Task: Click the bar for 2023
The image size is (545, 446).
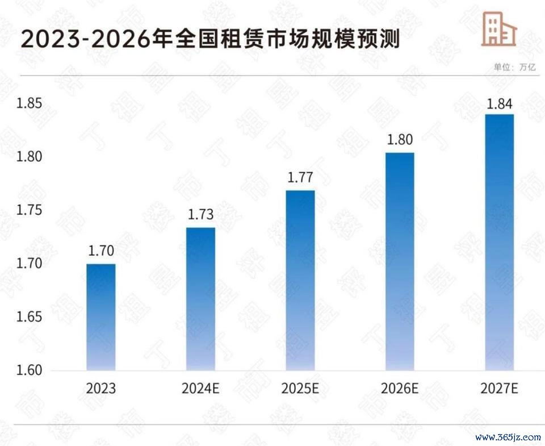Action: click(101, 317)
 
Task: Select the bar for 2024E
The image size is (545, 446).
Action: click(200, 299)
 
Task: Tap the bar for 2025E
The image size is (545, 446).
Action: click(300, 281)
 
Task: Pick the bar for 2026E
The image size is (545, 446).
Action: click(400, 261)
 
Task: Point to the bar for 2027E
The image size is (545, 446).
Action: click(500, 242)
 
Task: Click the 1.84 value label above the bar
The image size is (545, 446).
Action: click(500, 104)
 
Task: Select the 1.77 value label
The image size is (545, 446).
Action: click(300, 177)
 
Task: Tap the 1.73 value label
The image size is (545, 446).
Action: click(200, 214)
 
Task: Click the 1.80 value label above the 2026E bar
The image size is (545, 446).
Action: click(400, 140)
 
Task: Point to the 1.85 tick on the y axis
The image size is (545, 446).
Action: click(29, 103)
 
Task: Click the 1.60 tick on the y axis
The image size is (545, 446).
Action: click(29, 370)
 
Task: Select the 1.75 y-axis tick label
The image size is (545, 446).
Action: click(29, 210)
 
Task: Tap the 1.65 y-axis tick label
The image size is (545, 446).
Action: click(29, 317)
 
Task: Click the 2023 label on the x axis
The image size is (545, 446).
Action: click(101, 388)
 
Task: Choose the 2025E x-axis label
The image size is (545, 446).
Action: click(300, 388)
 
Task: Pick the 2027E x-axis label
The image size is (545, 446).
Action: click(500, 388)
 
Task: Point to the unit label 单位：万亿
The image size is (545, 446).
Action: click(515, 67)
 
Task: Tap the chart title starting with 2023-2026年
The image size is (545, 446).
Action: click(210, 39)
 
